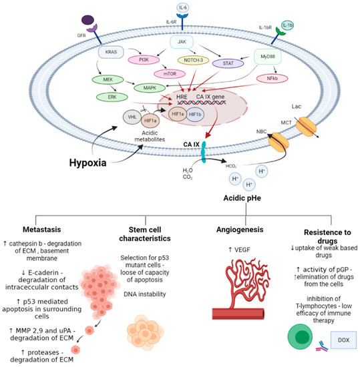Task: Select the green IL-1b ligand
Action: pyautogui.click(x=288, y=25)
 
